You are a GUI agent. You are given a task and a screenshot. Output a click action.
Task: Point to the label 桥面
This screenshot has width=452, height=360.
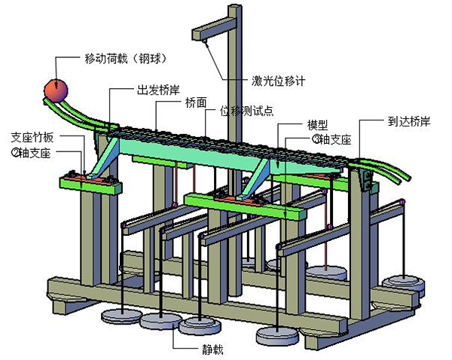coord(196,105)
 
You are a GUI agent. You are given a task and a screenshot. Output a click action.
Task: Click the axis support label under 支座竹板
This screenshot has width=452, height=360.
coord(30,152)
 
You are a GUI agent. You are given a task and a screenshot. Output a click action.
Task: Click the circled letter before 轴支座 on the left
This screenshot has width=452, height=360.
coord(14,152)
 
